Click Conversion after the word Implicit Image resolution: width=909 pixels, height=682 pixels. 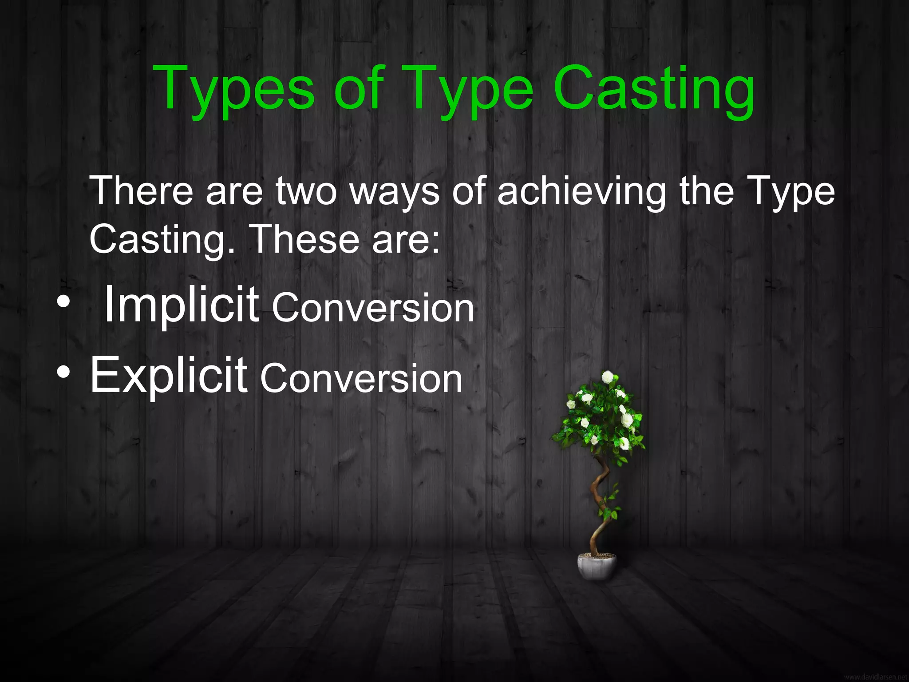tap(373, 308)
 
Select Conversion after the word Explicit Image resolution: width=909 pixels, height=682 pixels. tap(361, 379)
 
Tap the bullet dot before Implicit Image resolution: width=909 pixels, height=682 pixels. tap(63, 302)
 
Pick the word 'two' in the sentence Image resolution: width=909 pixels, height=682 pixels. tap(306, 191)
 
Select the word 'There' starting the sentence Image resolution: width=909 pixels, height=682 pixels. tap(142, 190)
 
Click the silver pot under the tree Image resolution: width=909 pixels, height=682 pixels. tap(597, 567)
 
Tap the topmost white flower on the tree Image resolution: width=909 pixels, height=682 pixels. tap(608, 377)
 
